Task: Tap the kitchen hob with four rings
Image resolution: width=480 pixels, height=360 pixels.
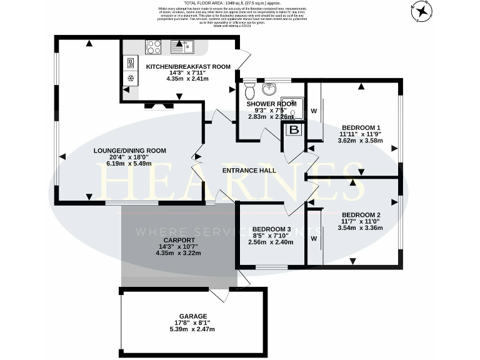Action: pyautogui.click(x=153, y=46)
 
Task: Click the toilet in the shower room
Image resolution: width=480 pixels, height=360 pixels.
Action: pyautogui.click(x=250, y=90)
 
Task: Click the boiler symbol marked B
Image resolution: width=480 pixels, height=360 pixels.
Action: pyautogui.click(x=293, y=130)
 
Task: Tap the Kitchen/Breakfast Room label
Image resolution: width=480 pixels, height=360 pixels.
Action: pyautogui.click(x=187, y=66)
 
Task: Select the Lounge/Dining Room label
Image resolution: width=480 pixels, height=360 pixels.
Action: pyautogui.click(x=129, y=150)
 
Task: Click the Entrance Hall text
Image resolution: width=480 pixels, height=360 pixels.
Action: pyautogui.click(x=249, y=170)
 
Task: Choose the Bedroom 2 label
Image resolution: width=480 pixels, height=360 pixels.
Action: pyautogui.click(x=361, y=215)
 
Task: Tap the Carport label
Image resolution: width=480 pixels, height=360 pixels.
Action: pyautogui.click(x=179, y=240)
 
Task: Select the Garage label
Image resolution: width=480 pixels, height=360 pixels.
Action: pyautogui.click(x=191, y=316)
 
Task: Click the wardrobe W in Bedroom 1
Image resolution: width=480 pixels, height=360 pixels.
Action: pyautogui.click(x=314, y=111)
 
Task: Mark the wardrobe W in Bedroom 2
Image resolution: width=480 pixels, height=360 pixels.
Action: pyautogui.click(x=314, y=238)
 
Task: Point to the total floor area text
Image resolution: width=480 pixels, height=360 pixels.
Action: pyautogui.click(x=239, y=3)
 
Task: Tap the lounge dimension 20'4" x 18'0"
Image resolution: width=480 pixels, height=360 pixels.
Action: pyautogui.click(x=129, y=157)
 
